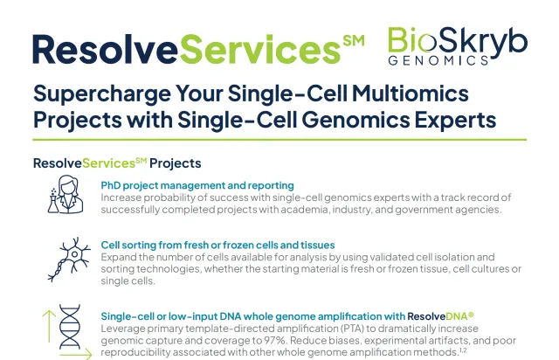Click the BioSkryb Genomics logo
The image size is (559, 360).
[x=458, y=46]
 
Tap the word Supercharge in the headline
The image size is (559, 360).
[x=102, y=93]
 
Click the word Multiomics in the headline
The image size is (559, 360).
[x=410, y=93]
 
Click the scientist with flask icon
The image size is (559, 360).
[x=66, y=194]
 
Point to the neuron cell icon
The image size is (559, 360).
[x=69, y=260]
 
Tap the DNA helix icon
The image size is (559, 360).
[x=70, y=327]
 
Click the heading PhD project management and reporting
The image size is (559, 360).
[x=197, y=185]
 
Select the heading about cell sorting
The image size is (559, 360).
[x=217, y=246]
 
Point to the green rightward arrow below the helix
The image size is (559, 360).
[x=76, y=355]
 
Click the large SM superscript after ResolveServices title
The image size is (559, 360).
[x=354, y=41]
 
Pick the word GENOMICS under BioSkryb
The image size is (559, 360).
[x=438, y=60]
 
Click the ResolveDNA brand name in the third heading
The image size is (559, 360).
[x=440, y=316]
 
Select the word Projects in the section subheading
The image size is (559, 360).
[x=175, y=163]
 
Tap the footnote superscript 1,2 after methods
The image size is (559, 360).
[x=463, y=350]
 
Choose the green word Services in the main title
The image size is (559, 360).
[x=259, y=49]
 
